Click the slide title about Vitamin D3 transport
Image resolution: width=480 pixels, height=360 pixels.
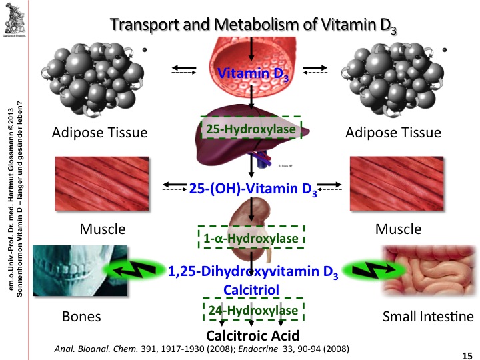[x=240, y=25]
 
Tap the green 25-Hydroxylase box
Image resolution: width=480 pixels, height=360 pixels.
[x=250, y=128]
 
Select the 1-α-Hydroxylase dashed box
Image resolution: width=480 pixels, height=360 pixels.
[x=251, y=235]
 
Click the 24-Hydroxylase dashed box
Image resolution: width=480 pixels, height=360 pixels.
[x=251, y=311]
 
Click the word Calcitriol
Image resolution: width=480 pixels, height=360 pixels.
[x=251, y=289]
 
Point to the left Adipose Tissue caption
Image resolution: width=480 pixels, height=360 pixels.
[x=99, y=133]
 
